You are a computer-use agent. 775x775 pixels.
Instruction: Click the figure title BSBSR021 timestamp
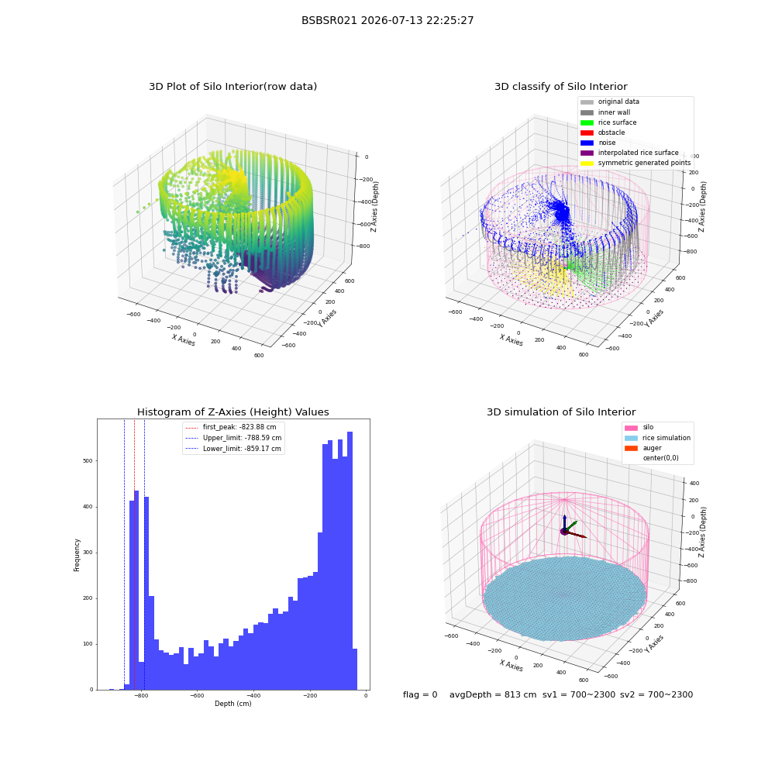[387, 20]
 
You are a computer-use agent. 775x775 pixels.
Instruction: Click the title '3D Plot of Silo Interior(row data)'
[232, 87]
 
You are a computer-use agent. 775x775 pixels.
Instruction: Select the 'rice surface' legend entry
[608, 122]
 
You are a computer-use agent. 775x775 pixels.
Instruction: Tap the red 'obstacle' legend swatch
[587, 133]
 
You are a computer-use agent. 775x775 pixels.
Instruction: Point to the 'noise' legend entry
[598, 143]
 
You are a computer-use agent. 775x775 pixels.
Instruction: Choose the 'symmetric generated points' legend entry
[635, 163]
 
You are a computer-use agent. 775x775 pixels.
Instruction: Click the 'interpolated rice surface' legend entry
[629, 153]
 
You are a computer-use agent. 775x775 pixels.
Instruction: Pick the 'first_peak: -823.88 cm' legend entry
[231, 427]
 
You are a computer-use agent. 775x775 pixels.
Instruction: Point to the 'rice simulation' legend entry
[658, 438]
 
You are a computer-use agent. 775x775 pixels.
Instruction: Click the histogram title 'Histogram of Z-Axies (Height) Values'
[232, 412]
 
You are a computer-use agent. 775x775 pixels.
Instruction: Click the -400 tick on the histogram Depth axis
[253, 696]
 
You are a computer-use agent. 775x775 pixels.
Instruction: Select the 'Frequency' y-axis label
[77, 555]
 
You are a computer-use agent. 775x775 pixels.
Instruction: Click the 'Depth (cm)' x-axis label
[232, 704]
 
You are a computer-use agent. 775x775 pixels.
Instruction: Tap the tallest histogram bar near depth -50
[350, 560]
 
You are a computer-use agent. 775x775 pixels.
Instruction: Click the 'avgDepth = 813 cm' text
[493, 695]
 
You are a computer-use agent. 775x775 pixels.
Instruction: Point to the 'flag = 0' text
[420, 695]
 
